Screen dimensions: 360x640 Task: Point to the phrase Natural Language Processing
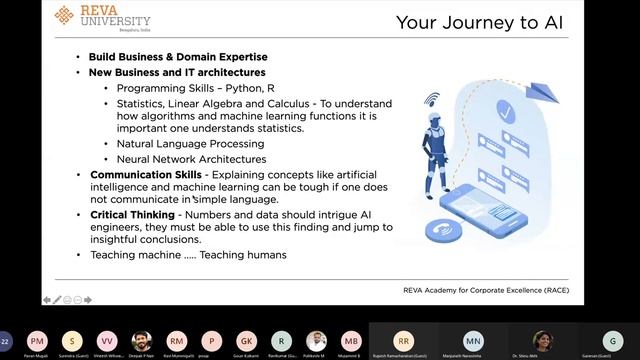pos(177,144)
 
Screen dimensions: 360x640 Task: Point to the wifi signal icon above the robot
pos(433,100)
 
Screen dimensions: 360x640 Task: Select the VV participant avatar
pos(107,340)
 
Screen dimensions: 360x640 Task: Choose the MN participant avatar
pos(473,340)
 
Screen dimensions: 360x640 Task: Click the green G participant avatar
pos(613,340)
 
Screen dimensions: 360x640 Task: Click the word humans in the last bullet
pos(267,255)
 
